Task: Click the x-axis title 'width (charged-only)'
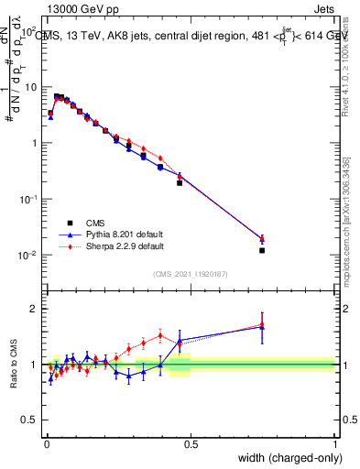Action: [x=286, y=458]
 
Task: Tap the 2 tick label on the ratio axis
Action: [x=33, y=309]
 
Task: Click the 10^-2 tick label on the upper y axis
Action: [x=27, y=255]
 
